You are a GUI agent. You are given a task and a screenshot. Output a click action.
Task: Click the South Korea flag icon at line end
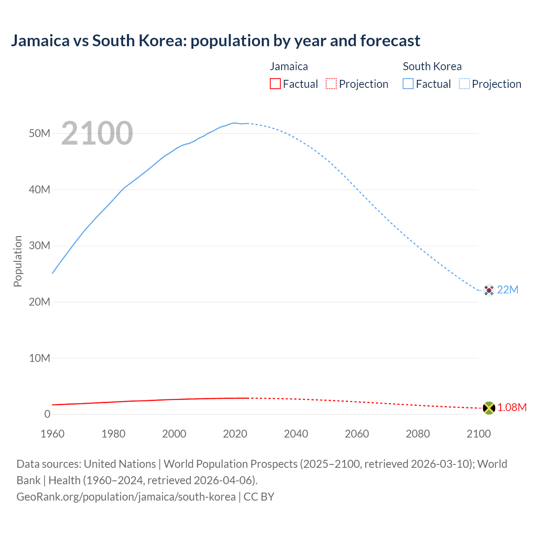[489, 290]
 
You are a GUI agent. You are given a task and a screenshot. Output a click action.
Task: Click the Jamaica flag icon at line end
[489, 408]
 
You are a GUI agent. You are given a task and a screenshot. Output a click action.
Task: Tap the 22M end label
[508, 290]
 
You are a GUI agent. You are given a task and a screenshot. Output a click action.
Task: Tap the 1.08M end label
[512, 408]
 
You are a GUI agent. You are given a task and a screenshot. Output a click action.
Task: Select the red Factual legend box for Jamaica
[275, 84]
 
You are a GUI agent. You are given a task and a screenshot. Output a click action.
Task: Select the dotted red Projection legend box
[331, 84]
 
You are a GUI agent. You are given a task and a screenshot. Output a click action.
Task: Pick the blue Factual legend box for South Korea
[408, 84]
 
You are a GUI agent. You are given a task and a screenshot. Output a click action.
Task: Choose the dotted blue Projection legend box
[464, 84]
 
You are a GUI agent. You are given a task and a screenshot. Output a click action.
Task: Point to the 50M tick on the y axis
[40, 134]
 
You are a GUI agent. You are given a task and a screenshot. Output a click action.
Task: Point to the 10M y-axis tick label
[40, 358]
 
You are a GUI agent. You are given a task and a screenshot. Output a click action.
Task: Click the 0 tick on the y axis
[47, 414]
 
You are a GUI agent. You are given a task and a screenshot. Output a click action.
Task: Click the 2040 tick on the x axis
[296, 434]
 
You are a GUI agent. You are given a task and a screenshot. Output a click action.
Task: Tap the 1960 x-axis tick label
[53, 434]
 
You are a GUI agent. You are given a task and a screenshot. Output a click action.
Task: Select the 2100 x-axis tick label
[478, 434]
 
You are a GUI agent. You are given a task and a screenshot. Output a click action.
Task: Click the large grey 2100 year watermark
[97, 133]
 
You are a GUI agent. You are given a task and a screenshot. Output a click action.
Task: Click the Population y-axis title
[18, 261]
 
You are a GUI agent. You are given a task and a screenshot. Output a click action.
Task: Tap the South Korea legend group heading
[432, 66]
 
